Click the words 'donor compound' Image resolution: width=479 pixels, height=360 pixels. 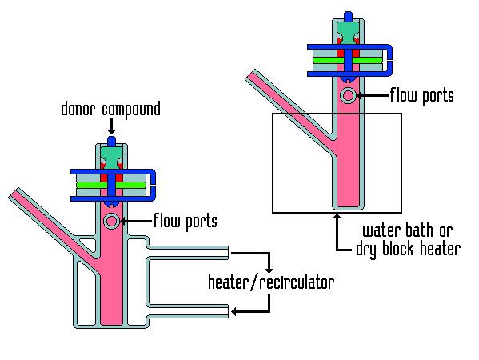[x=110, y=110]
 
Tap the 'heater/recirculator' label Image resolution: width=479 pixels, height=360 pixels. [x=271, y=282]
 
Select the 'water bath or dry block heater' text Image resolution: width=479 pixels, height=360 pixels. [x=408, y=240]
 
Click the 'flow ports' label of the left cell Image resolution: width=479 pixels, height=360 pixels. [x=186, y=220]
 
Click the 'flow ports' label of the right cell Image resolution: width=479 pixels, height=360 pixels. [x=422, y=95]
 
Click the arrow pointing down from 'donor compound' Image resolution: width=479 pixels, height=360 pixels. [x=112, y=126]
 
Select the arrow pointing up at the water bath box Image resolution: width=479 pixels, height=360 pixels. [x=337, y=232]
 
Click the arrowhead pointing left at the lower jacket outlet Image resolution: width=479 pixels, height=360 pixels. [x=234, y=312]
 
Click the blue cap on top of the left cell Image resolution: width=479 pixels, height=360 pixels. [x=112, y=141]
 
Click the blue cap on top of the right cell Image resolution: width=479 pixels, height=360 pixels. [x=348, y=16]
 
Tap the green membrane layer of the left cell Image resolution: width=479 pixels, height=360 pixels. [x=110, y=185]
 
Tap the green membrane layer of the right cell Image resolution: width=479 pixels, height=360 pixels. [x=347, y=60]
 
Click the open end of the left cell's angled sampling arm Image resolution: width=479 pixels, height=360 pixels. [x=14, y=193]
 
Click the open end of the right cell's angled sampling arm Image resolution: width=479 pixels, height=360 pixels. [x=250, y=75]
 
